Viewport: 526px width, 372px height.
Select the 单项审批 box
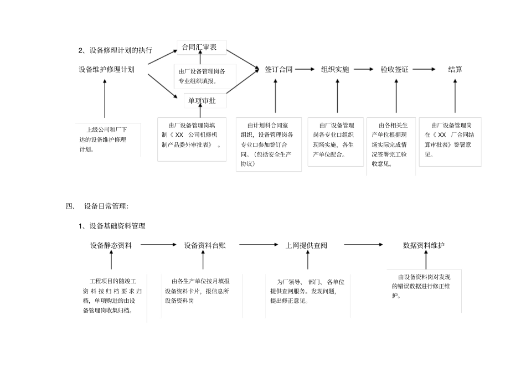tap(202, 101)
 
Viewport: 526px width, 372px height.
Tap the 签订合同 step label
tap(279, 70)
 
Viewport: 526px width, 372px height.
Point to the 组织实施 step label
tap(335, 70)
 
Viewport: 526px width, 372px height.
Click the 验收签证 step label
tap(394, 70)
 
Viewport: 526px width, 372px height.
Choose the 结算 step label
tap(455, 70)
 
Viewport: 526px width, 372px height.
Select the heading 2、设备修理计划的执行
tap(115, 50)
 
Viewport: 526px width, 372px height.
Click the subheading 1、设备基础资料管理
tap(112, 226)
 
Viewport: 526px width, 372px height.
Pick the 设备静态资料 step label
tap(111, 245)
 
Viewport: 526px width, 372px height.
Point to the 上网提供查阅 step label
tap(306, 245)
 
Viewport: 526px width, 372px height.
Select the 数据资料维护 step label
tap(424, 245)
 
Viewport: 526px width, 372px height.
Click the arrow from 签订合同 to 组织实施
tap(307, 70)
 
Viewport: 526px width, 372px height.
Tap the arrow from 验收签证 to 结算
tap(424, 70)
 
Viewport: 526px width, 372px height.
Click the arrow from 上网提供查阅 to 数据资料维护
tap(363, 245)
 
